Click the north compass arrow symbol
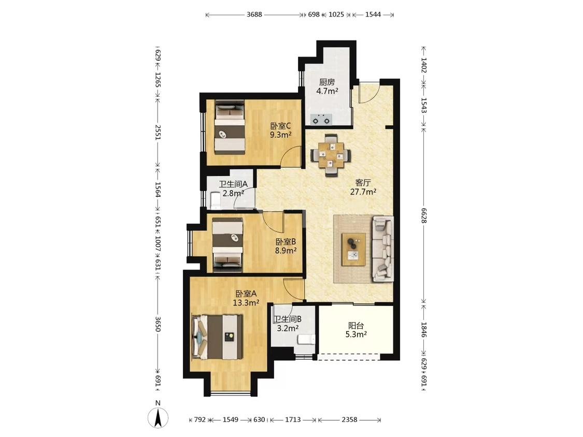158,417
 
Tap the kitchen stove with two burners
321,119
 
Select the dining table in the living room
331,155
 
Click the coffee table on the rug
353,250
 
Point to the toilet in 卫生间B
306,339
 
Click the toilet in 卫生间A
215,200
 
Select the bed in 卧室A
218,337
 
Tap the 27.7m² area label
363,192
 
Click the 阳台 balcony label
356,326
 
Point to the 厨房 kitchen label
327,82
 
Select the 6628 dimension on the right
424,215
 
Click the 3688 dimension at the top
254,14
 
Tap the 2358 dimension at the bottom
349,419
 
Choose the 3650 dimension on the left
158,324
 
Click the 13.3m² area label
246,303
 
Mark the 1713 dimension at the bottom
293,419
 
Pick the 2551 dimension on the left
158,133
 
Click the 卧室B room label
286,242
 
